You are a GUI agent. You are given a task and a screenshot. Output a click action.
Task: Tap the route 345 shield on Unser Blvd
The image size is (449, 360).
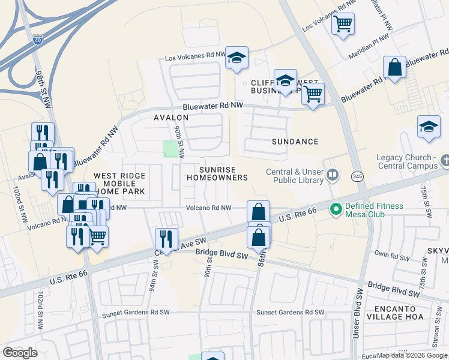[x=357, y=177]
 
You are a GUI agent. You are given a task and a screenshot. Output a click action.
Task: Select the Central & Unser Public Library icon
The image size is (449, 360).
[x=332, y=176]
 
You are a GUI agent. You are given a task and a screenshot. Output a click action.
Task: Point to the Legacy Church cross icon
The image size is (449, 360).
[x=444, y=161]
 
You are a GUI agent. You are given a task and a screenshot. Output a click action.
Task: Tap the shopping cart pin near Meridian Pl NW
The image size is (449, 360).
[x=343, y=24]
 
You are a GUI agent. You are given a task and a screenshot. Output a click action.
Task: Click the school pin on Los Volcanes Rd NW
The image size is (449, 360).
[x=237, y=58]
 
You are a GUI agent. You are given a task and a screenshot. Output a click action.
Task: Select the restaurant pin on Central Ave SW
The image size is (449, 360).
[x=166, y=239]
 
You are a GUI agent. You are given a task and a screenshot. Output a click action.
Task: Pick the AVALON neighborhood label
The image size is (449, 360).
[x=171, y=118]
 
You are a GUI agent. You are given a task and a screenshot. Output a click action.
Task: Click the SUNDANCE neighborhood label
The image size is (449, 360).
[x=295, y=142]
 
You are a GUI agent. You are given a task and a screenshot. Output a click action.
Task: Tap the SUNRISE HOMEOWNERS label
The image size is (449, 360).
[x=217, y=174]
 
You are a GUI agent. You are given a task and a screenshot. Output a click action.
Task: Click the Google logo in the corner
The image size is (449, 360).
[x=20, y=353]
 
